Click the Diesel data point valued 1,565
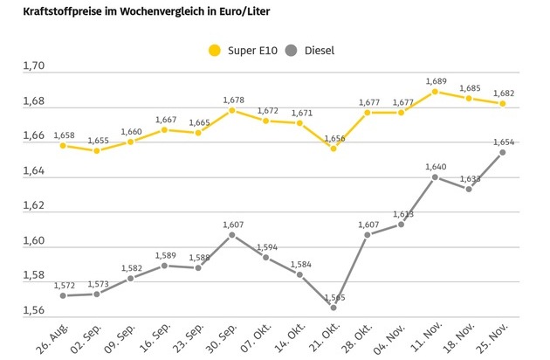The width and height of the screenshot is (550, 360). click(x=333, y=307)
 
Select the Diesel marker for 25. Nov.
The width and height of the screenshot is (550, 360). click(x=503, y=152)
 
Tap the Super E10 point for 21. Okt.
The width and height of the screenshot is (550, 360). click(x=333, y=148)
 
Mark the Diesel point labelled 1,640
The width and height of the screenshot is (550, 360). click(x=435, y=177)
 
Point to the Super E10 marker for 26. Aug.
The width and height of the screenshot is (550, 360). click(x=62, y=145)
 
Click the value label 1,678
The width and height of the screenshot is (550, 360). click(x=232, y=100)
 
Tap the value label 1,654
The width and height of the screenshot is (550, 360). click(x=505, y=142)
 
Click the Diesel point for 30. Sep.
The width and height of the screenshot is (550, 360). click(x=231, y=234)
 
